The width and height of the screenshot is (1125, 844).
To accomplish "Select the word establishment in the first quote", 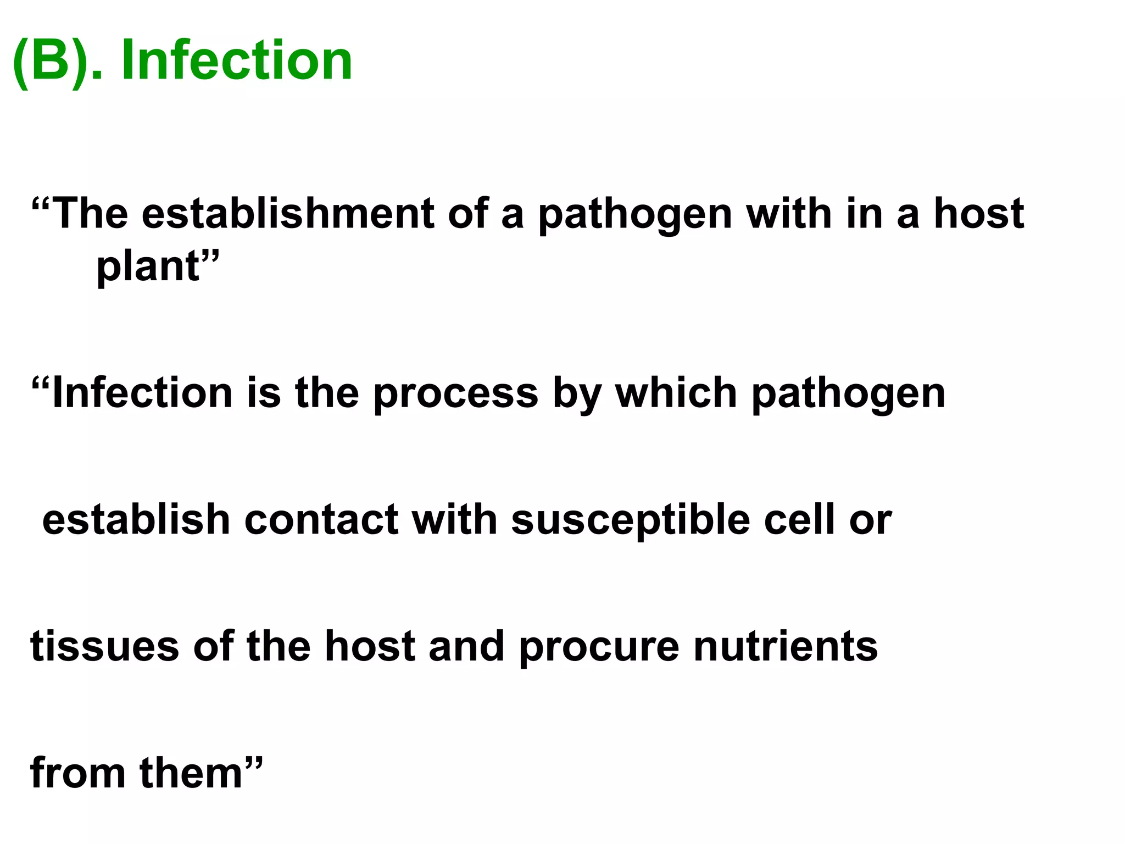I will click(288, 214).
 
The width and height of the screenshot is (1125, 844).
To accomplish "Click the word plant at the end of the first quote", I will click(148, 267).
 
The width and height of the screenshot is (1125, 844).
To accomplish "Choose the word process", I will click(455, 395).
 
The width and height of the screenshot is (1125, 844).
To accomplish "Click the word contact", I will click(321, 520).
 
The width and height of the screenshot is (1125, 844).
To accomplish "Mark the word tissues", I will click(104, 646).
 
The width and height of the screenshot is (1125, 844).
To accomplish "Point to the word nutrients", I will click(786, 646).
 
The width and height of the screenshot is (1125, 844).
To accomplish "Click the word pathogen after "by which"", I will click(848, 395).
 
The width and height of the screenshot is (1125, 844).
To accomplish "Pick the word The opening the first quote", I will click(91, 214).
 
